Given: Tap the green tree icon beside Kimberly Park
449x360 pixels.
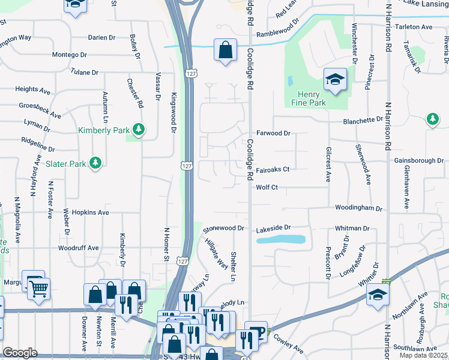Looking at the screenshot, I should click(139, 129).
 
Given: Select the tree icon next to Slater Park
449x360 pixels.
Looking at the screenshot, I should click(94, 163).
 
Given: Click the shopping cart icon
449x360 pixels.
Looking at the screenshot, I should click(39, 288).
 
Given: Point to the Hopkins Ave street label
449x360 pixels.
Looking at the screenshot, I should click(90, 212).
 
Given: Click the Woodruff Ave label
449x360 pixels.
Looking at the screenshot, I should click(78, 248).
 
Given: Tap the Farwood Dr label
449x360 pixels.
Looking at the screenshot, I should click(273, 133).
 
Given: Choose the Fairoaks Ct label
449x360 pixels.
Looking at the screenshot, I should click(273, 170).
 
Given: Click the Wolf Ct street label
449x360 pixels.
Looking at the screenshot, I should click(267, 188).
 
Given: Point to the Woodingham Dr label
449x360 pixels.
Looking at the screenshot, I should click(358, 208).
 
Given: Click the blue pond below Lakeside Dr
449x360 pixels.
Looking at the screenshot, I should click(281, 239).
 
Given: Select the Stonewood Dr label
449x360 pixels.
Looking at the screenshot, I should click(224, 229).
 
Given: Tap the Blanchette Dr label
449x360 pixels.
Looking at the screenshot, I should click(363, 121).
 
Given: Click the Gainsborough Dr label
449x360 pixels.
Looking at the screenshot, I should click(419, 161).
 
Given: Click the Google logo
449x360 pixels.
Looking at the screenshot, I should click(20, 353).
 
